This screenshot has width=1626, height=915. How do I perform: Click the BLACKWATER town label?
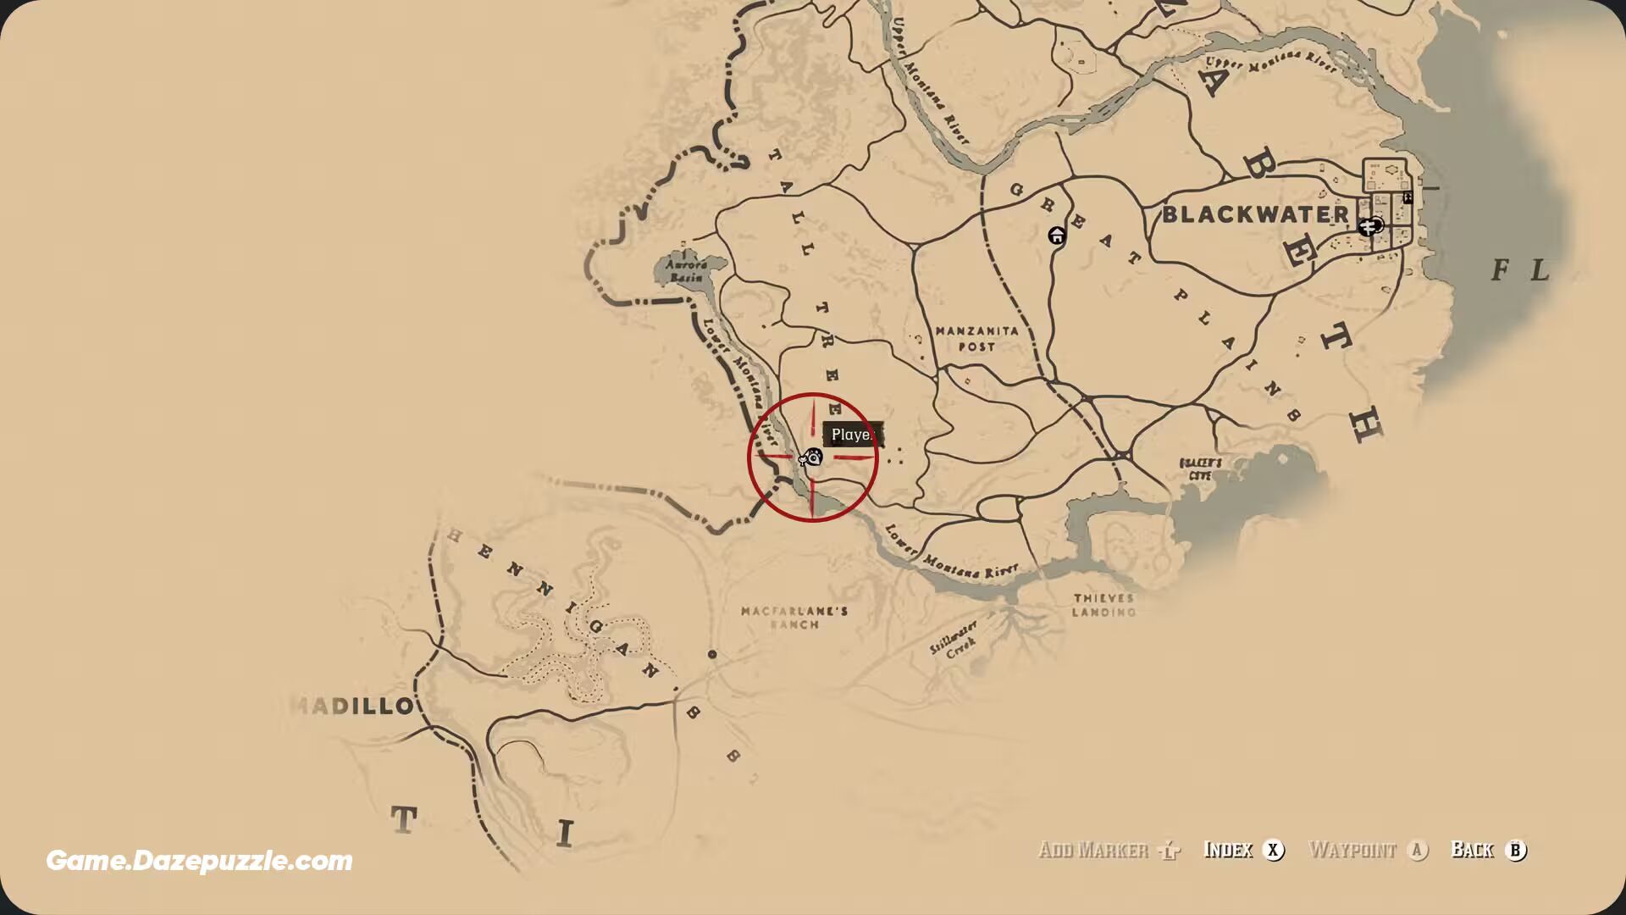tap(1255, 214)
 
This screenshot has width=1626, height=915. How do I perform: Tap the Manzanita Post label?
tap(976, 338)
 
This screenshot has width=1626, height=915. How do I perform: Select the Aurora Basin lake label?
tap(686, 271)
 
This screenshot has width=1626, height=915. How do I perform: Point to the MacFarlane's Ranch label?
tap(794, 618)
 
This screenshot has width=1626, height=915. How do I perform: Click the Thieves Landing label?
tap(1103, 605)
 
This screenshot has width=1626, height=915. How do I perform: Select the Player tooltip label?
tap(852, 435)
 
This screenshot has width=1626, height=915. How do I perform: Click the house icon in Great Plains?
tap(1057, 236)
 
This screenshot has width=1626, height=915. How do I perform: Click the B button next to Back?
tap(1516, 850)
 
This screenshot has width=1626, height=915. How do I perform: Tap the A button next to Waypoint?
tap(1418, 850)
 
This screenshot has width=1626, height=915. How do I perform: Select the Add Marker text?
tap(1093, 850)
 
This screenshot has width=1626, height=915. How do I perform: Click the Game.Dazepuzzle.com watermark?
tap(199, 861)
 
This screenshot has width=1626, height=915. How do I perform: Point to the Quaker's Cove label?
tap(1201, 469)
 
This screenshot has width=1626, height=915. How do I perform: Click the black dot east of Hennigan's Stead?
tap(712, 654)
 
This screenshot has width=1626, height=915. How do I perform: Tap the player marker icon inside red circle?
tap(812, 457)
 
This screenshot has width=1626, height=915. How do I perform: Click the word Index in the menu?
tap(1228, 850)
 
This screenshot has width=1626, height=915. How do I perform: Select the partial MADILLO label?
tap(352, 706)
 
